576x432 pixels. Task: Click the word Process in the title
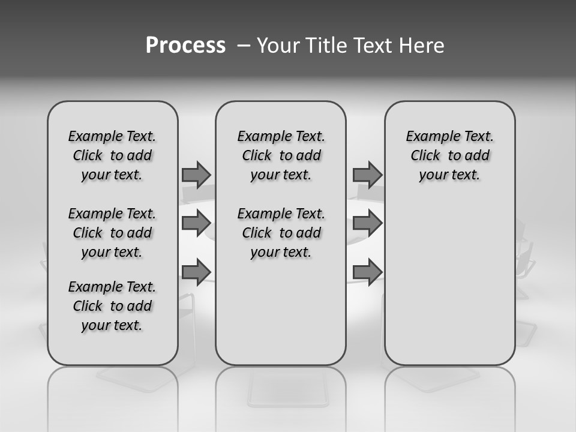coord(185,45)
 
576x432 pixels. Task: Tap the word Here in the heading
coord(422,46)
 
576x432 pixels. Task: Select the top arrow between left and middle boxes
coord(196,175)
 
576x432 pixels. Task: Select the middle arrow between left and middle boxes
coord(196,223)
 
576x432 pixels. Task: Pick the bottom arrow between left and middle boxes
coord(196,271)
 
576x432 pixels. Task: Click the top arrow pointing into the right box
coord(367,175)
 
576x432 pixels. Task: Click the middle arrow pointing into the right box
coord(367,223)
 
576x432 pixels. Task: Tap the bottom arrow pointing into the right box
coord(367,271)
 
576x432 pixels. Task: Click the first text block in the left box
coord(112,155)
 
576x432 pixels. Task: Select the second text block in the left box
coord(112,233)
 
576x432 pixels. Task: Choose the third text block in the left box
coord(112,306)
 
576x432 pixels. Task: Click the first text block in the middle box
coord(281,155)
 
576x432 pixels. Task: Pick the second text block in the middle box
coord(281,233)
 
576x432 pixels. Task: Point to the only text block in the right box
coord(449,155)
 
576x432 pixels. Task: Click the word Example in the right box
coord(429,136)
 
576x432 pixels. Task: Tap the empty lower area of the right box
coord(449,288)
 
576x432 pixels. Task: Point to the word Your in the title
coord(279,46)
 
